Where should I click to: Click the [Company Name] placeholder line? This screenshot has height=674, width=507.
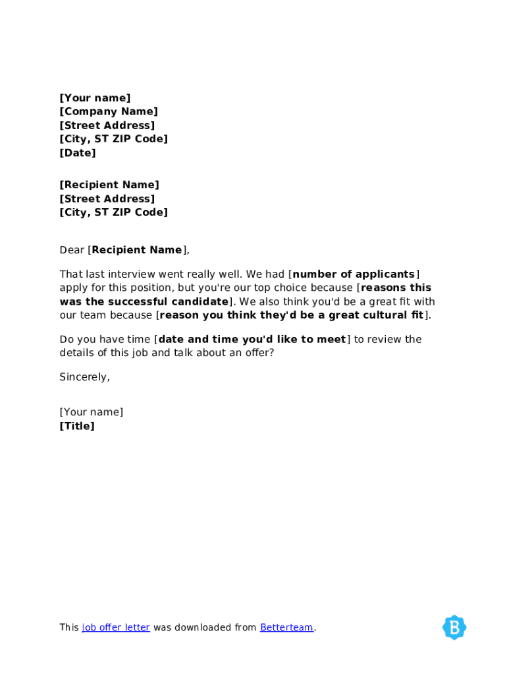[109, 112]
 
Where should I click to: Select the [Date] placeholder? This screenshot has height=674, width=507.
[78, 153]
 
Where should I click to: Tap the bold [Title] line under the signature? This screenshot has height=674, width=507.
[77, 426]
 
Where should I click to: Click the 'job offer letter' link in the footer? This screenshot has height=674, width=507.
[116, 627]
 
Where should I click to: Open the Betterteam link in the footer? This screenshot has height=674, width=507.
[286, 627]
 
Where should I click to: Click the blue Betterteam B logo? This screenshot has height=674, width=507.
[454, 627]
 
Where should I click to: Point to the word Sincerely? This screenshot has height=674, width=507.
[84, 377]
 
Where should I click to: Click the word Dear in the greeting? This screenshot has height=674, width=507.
[72, 250]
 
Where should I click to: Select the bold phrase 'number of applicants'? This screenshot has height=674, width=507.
[354, 274]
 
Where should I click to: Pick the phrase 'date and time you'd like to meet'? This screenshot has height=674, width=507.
[252, 340]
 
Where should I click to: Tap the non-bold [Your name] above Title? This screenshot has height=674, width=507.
[92, 412]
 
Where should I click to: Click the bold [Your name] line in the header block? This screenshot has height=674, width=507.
[95, 98]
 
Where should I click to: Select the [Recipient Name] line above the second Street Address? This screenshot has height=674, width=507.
[109, 185]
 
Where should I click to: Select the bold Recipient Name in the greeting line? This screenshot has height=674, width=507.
[137, 250]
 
